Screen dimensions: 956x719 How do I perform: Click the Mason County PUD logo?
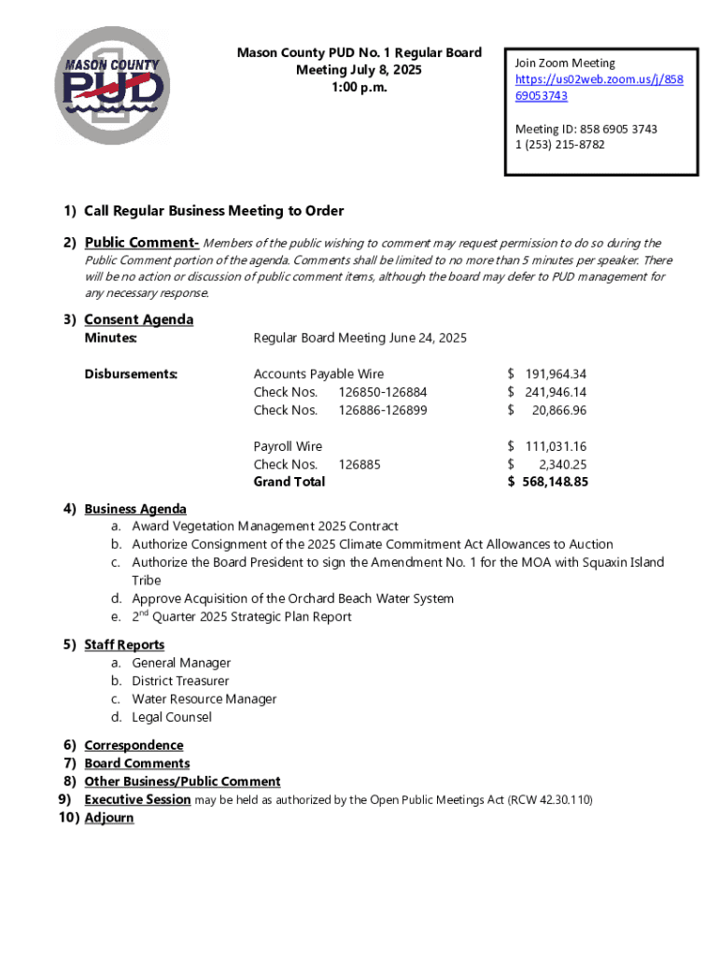pyautogui.click(x=112, y=86)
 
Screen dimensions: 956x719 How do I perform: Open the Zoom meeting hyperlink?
pyautogui.click(x=599, y=79)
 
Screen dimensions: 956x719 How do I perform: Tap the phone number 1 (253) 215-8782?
pyautogui.click(x=559, y=145)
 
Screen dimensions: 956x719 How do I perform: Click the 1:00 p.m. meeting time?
pyautogui.click(x=359, y=87)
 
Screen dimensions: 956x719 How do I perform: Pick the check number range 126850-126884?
pyautogui.click(x=382, y=392)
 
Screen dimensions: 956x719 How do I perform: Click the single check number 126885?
pyautogui.click(x=359, y=464)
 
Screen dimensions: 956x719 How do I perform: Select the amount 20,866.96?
pyautogui.click(x=558, y=410)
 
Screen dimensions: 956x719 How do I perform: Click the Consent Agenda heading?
pyautogui.click(x=138, y=319)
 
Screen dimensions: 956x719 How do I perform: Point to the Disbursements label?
pyautogui.click(x=131, y=374)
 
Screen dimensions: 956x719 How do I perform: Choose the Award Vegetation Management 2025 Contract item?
pyautogui.click(x=264, y=527)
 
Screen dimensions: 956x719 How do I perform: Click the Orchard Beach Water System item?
pyautogui.click(x=292, y=598)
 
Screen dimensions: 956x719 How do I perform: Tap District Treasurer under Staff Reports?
pyautogui.click(x=179, y=682)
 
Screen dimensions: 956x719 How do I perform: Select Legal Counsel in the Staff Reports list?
pyautogui.click(x=171, y=717)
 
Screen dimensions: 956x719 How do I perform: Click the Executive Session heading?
pyautogui.click(x=137, y=800)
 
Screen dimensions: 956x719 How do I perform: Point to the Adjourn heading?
pyautogui.click(x=108, y=818)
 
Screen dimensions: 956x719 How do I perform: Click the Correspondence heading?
pyautogui.click(x=134, y=745)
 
